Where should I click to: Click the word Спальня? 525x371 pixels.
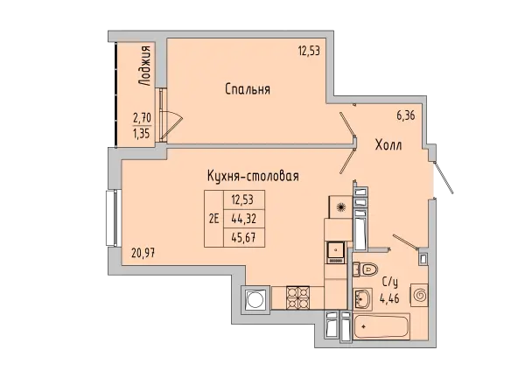tap(246, 89)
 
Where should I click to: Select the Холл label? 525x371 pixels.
tap(388, 145)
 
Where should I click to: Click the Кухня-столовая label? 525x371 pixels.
tap(253, 176)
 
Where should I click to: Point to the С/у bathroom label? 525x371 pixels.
tap(391, 282)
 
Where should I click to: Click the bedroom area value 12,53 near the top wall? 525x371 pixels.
tap(310, 52)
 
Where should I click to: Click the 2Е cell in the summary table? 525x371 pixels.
tap(213, 220)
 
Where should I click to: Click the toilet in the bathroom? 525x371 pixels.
tap(367, 269)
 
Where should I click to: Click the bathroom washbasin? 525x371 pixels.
tap(362, 298)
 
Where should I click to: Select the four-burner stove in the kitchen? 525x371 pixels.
tap(297, 298)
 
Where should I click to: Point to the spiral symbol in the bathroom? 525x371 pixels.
tap(419, 296)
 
